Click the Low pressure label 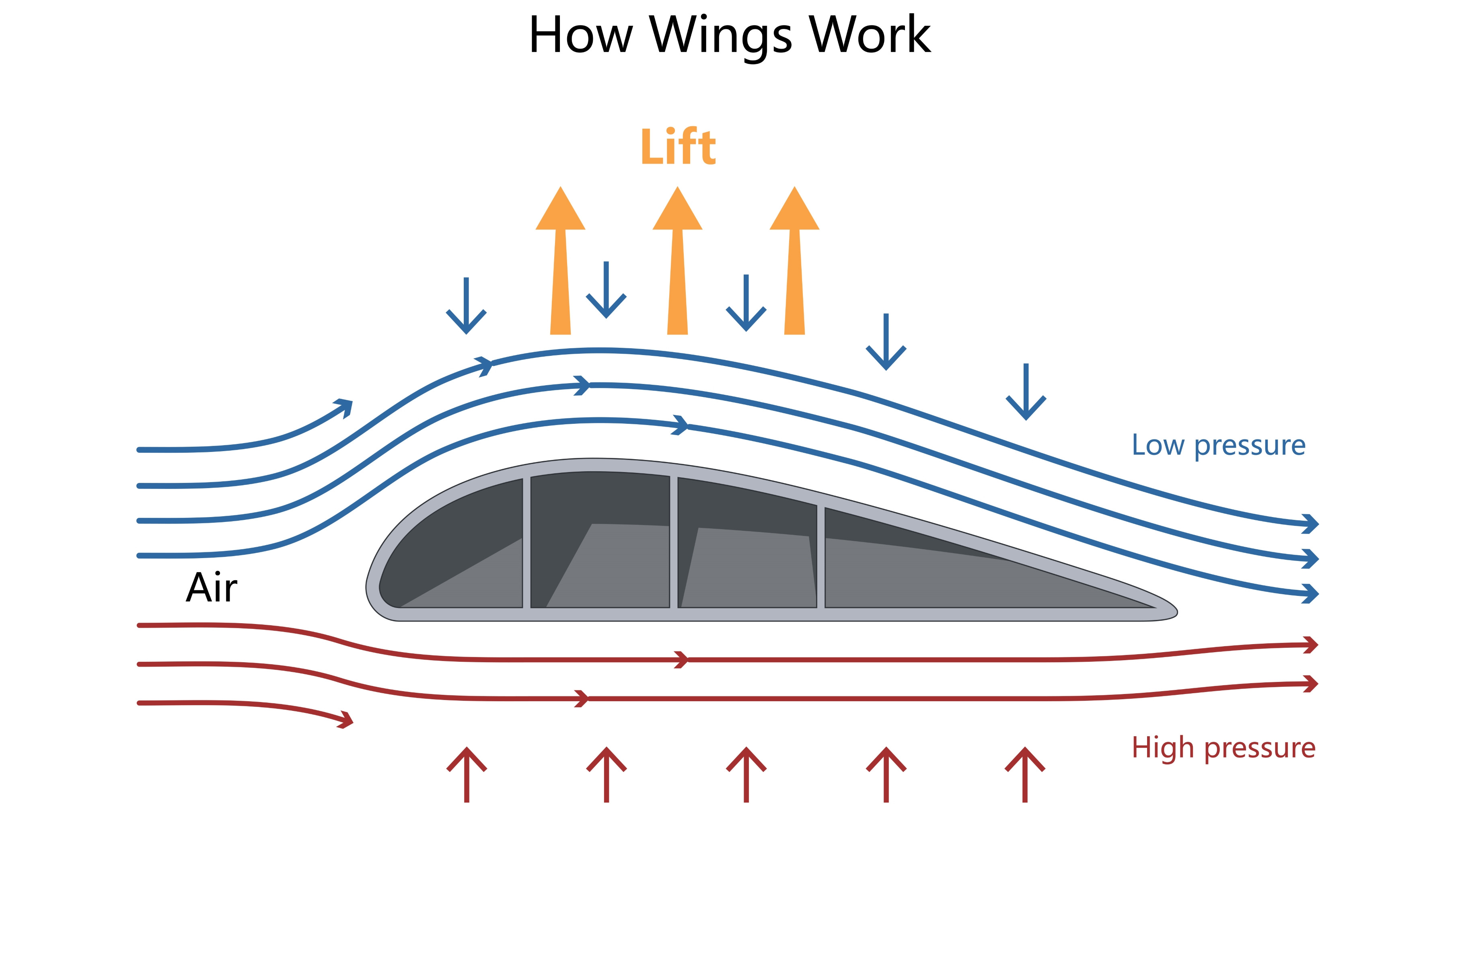point(1218,445)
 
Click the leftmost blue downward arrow point(466,306)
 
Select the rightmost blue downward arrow point(1026,392)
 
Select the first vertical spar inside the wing point(526,542)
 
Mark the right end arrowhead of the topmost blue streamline point(1310,524)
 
